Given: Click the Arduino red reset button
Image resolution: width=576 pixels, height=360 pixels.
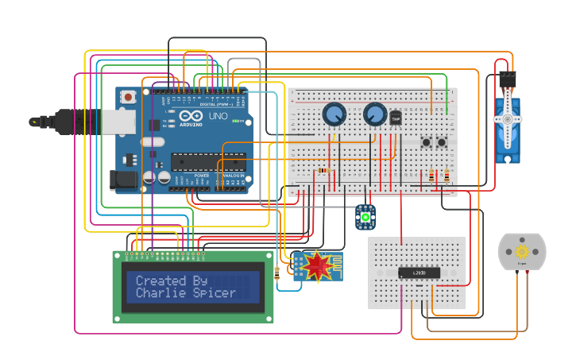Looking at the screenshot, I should (128, 97).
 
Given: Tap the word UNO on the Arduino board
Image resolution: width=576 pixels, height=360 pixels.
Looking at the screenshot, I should (218, 116).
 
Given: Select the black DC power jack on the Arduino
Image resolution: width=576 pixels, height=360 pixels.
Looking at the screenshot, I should (124, 180).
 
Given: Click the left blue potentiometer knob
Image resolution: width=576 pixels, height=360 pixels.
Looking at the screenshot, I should (334, 115).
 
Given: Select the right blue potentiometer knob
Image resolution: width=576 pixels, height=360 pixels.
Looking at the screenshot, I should (375, 115).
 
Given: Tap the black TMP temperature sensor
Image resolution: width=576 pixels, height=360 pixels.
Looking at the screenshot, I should (395, 118).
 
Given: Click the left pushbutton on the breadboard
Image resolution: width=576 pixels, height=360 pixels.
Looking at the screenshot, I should (427, 142).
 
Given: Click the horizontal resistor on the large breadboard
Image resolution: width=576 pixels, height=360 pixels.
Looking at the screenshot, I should (323, 170).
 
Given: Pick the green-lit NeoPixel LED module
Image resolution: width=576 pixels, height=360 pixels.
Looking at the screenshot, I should (365, 216).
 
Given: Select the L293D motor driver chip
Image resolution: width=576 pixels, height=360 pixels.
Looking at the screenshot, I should (418, 273).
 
